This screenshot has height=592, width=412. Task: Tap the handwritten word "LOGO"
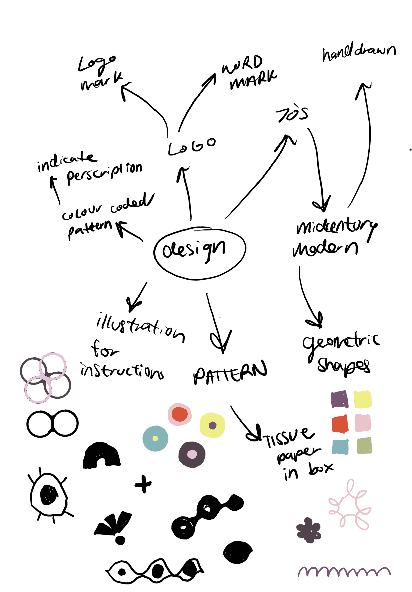[192, 147]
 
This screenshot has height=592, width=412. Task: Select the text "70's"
[292, 115]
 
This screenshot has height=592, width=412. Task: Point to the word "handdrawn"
[359, 53]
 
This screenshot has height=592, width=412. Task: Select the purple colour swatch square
[339, 400]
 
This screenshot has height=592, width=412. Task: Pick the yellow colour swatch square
[363, 400]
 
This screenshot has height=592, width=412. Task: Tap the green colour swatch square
[364, 446]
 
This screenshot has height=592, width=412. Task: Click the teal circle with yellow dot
[156, 439]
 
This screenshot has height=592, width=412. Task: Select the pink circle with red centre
[180, 414]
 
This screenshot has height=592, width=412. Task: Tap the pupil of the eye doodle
[48, 495]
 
